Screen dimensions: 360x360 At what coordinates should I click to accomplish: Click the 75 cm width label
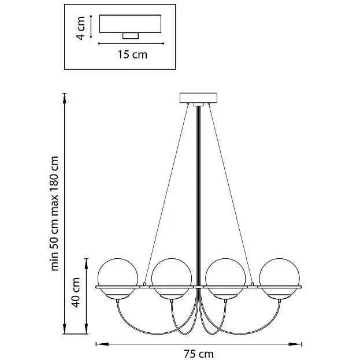tap(199, 354)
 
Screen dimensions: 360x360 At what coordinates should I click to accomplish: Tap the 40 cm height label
tap(76, 292)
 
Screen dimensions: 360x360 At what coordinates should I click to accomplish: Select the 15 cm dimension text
tap(132, 55)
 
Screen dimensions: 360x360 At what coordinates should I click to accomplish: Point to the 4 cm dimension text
tap(81, 28)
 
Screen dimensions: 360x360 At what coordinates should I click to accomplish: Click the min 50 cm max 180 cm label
tap(55, 214)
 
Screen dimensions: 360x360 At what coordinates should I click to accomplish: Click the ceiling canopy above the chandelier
tap(198, 98)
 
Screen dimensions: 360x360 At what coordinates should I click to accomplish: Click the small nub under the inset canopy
tap(131, 36)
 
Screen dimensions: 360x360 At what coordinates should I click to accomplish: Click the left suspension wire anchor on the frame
tap(144, 284)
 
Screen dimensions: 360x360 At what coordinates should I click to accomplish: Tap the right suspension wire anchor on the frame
tap(253, 284)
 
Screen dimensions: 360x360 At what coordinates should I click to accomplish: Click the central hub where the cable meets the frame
tap(199, 287)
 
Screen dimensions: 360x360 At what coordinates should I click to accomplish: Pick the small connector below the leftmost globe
tap(118, 300)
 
